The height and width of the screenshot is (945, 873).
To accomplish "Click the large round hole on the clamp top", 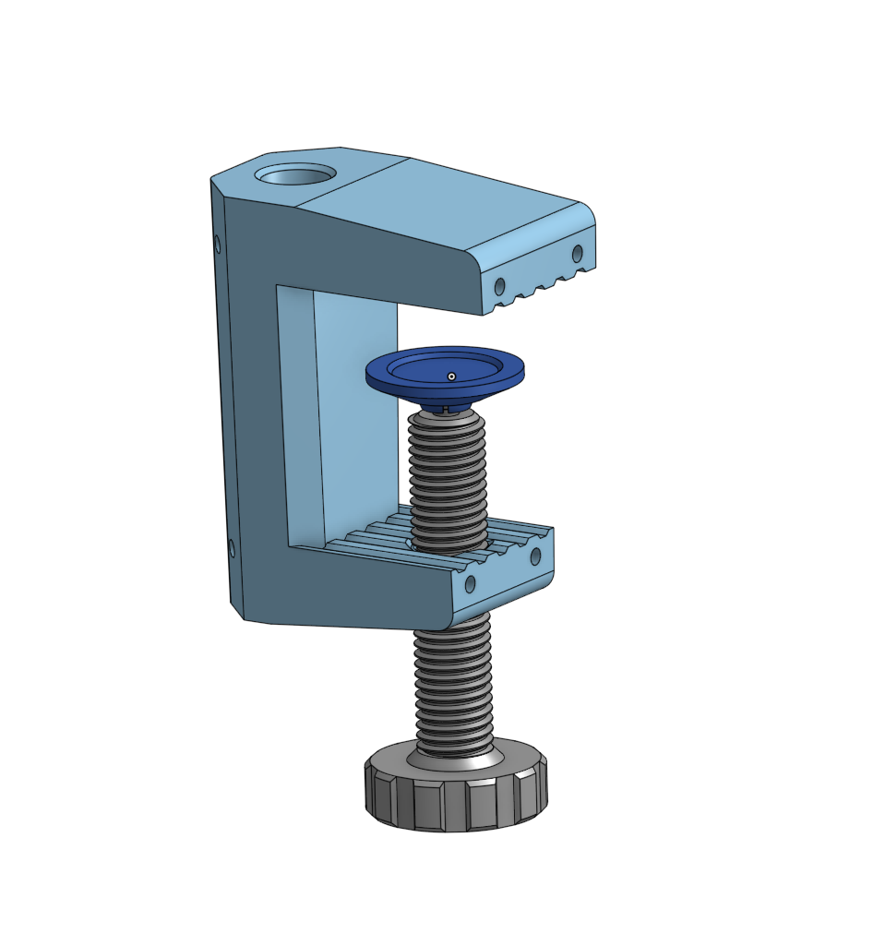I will click(295, 174).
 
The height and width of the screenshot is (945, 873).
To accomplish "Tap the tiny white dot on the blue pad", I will click(451, 376).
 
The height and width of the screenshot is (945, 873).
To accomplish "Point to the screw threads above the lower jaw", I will click(448, 480).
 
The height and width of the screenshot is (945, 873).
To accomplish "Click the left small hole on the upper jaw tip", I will click(500, 286).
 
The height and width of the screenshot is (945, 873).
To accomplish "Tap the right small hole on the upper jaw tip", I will click(578, 253).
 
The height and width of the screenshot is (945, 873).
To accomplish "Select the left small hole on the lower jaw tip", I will click(470, 584).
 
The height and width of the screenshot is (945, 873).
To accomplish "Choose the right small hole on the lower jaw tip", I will click(535, 556).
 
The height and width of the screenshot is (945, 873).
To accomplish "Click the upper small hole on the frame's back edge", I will click(218, 245).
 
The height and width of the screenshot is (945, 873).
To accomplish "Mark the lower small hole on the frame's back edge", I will click(231, 549).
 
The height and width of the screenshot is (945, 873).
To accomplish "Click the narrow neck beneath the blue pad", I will click(445, 406).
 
